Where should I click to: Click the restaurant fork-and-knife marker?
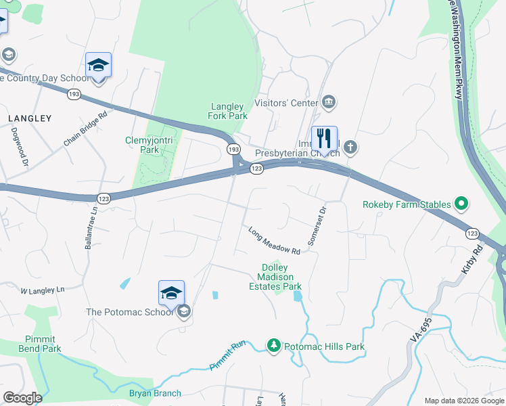[x=324, y=139]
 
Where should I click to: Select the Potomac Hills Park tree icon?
[x=273, y=346]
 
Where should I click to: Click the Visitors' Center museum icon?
[x=329, y=103]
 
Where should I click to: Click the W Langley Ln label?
[x=42, y=290]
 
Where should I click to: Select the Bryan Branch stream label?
[x=156, y=393]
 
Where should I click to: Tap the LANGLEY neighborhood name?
[x=30, y=118]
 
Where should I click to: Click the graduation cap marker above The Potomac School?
[x=171, y=292]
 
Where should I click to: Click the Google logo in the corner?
[x=22, y=398]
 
